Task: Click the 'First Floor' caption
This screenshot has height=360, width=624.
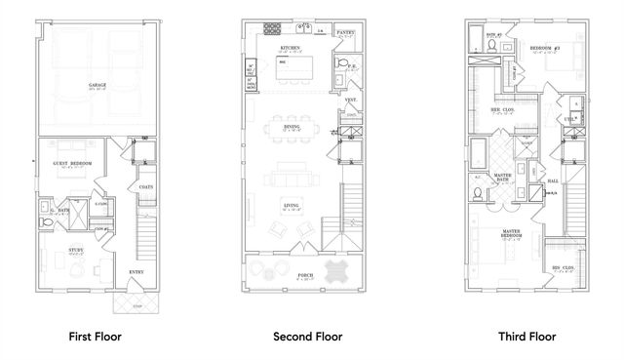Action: (x=96, y=337)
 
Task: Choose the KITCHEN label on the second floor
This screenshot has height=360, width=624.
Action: (x=290, y=47)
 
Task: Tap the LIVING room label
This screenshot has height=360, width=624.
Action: (x=290, y=205)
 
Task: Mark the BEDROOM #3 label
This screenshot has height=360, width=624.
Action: (x=542, y=46)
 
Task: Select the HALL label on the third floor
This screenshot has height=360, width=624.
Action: (x=553, y=181)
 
